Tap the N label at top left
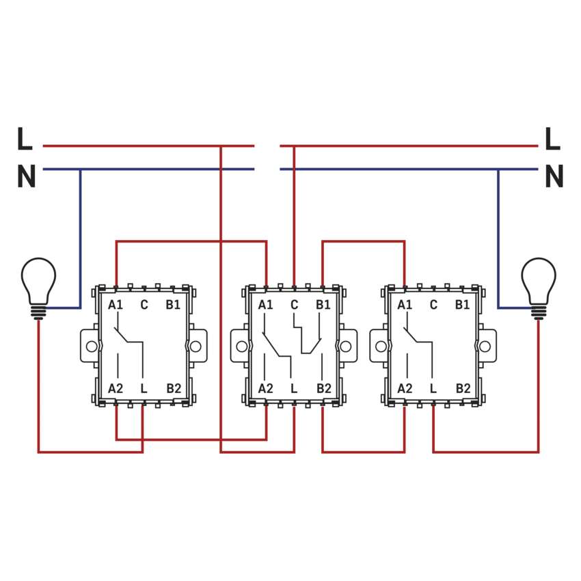point(26,177)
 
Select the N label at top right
point(554,177)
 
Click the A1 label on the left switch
point(116,305)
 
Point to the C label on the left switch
point(144,305)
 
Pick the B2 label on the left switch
point(174,388)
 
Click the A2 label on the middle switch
point(265,388)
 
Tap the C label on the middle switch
point(294,305)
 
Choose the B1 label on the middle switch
point(323,305)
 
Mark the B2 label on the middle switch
point(323,388)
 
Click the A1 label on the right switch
point(405,305)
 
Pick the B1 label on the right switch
point(463,305)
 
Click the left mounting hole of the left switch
point(90,346)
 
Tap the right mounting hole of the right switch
point(487,346)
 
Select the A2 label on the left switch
point(116,388)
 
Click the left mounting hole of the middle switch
point(241,346)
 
